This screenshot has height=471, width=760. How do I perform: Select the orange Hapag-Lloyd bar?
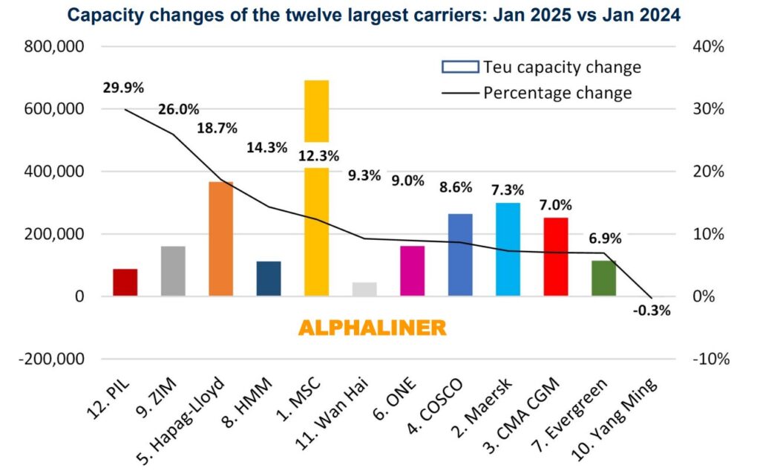click(x=220, y=238)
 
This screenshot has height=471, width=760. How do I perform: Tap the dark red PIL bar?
click(x=125, y=282)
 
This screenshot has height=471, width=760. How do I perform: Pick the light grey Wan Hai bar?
click(x=364, y=289)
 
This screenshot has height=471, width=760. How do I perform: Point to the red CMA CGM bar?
click(x=556, y=256)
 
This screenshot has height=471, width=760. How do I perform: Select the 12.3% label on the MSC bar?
click(x=318, y=156)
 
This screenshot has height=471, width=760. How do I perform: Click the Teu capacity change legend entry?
click(x=541, y=67)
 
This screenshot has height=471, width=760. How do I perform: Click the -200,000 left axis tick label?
click(x=54, y=359)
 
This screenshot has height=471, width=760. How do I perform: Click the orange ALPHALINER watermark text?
click(x=372, y=328)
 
